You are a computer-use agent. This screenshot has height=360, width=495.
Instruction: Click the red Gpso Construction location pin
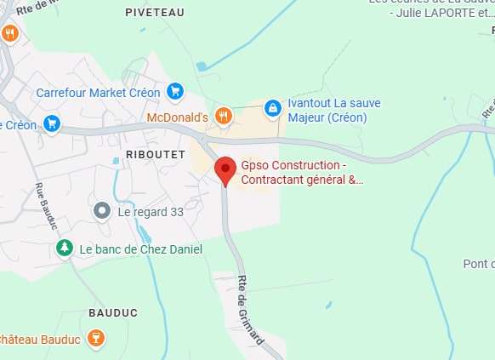click(x=225, y=169)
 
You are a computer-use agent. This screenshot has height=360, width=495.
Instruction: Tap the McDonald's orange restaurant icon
click(x=223, y=116)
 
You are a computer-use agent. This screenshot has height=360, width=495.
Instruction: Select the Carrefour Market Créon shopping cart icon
click(x=174, y=90)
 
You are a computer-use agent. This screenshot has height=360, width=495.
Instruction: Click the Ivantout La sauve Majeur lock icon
click(x=272, y=108)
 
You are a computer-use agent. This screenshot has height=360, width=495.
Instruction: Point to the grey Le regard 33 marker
click(x=102, y=210)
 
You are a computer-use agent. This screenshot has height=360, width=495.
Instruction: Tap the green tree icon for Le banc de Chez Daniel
click(x=64, y=249)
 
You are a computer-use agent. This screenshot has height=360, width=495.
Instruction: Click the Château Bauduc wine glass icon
click(x=96, y=340)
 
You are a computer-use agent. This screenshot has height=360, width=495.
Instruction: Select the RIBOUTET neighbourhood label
click(x=155, y=153)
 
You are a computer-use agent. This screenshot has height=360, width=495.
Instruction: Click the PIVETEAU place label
click(x=154, y=12)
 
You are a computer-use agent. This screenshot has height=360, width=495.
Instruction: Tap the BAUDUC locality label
click(x=113, y=312)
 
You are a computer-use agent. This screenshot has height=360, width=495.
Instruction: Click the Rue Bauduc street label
click(x=47, y=206)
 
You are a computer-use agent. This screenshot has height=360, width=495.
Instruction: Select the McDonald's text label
click(x=178, y=116)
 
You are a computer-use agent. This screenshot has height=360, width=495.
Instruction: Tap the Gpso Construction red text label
click(x=301, y=172)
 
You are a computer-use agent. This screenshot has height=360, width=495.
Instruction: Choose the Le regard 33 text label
click(x=151, y=210)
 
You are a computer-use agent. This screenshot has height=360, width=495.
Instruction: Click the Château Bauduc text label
click(x=41, y=340)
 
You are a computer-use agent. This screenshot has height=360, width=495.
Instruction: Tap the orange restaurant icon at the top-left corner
click(x=10, y=33)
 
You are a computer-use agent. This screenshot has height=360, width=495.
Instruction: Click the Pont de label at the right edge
click(x=479, y=264)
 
